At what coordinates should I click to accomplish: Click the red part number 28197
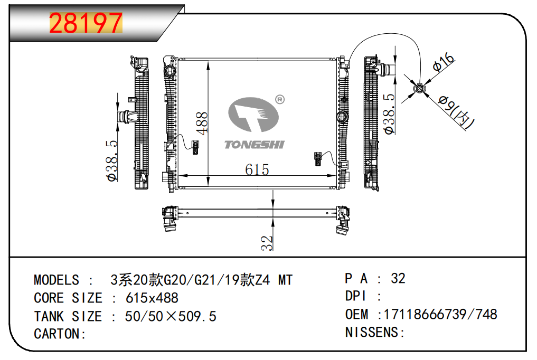86,23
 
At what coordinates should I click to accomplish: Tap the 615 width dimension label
257,169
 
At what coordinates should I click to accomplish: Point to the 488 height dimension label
202,123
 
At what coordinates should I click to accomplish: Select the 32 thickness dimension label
267,243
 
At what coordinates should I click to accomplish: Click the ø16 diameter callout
444,62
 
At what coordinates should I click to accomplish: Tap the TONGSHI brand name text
255,145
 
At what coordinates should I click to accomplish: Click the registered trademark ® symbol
280,100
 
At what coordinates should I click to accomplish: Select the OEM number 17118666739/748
440,314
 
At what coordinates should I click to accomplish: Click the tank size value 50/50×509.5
171,316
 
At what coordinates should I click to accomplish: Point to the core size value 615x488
152,298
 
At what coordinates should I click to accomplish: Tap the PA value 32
398,278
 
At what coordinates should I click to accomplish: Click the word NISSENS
372,332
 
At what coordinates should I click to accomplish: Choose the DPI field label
355,296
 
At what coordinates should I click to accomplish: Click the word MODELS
56,280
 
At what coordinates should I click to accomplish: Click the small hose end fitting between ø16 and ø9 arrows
420,89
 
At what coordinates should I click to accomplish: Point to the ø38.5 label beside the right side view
389,113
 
